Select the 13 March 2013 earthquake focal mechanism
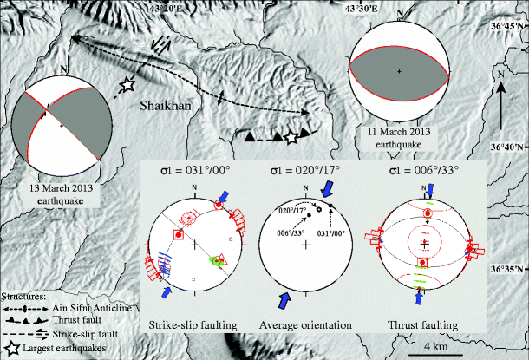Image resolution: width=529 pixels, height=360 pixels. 62,124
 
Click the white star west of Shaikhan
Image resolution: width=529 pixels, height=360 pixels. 127,83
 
